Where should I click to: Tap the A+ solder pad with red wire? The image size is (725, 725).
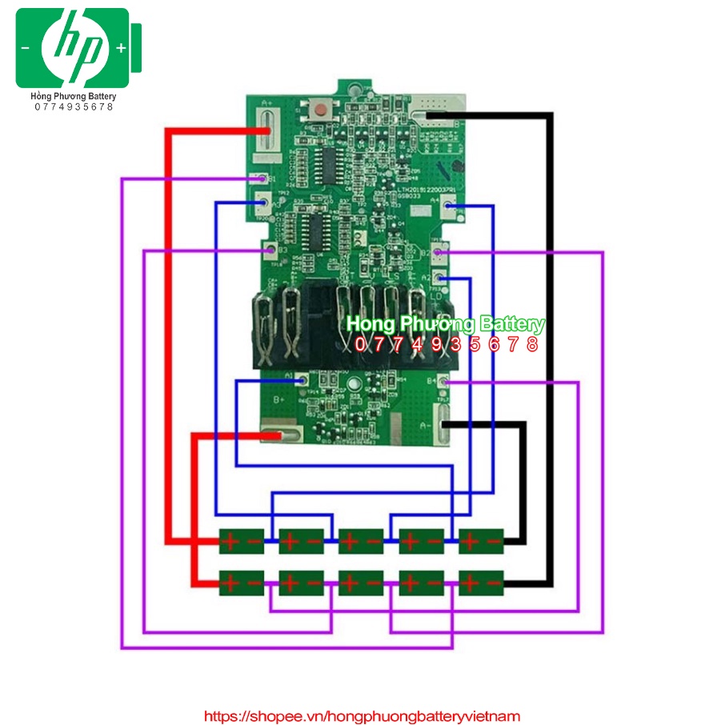(266, 130)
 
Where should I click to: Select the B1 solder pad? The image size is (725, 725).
(262, 178)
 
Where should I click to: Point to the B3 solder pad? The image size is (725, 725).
(270, 250)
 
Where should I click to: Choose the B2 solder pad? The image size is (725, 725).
(438, 253)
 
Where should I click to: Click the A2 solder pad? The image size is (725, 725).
(439, 278)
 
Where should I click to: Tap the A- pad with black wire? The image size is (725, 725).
(439, 423)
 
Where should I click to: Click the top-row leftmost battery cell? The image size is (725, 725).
(242, 542)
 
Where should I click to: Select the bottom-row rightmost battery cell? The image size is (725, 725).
(481, 583)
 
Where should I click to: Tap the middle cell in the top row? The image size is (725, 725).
(361, 542)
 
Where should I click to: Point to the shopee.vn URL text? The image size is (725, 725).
(362, 716)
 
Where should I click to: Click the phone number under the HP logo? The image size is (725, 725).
(74, 106)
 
